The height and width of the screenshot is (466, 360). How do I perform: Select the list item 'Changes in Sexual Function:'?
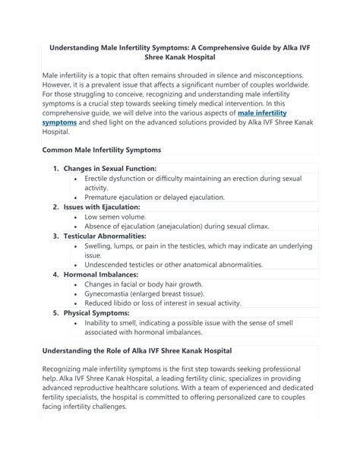110,167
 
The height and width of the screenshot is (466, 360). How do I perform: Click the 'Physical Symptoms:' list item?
96,312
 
